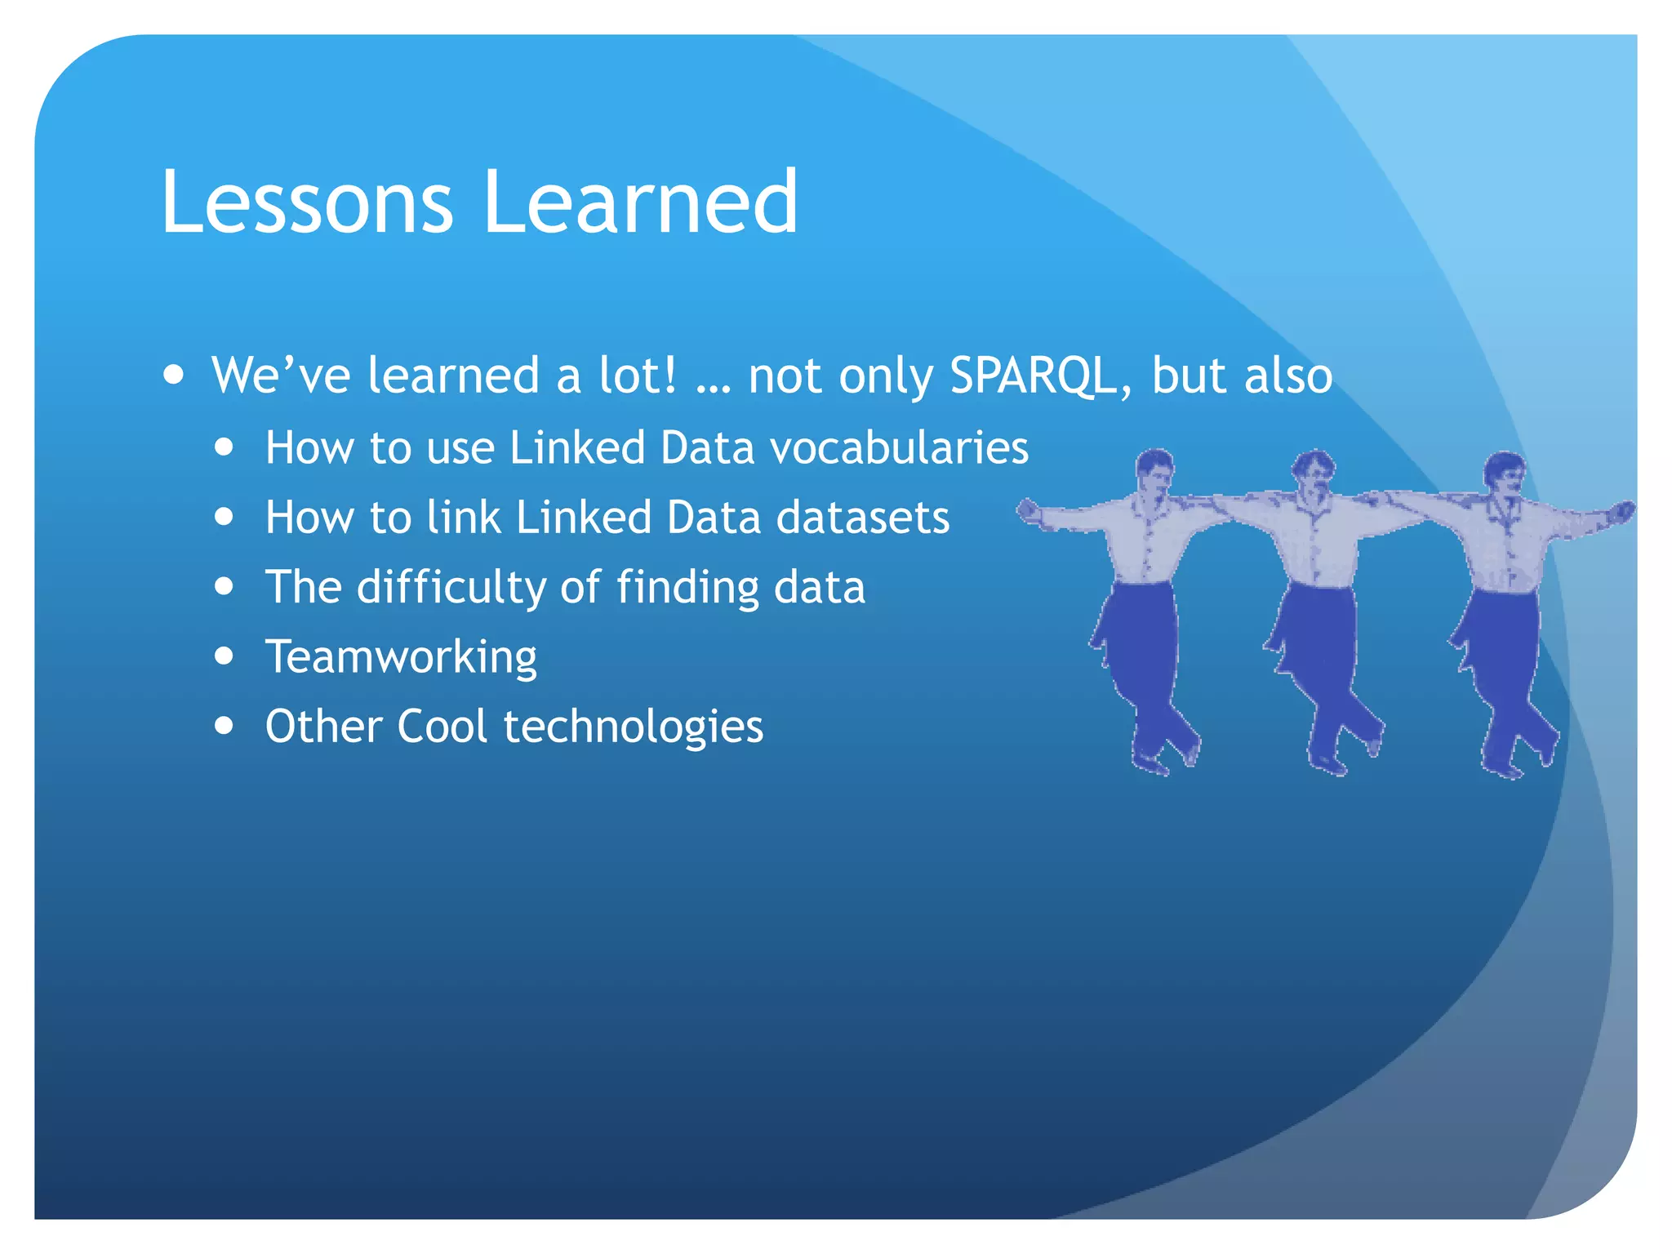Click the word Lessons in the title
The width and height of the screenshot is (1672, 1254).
click(306, 202)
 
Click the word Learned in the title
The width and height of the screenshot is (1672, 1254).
click(641, 202)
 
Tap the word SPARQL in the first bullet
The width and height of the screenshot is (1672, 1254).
click(1033, 376)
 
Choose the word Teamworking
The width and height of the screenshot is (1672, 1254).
click(401, 657)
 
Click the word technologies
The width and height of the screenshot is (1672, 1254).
click(633, 727)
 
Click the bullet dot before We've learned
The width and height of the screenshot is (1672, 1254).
click(173, 375)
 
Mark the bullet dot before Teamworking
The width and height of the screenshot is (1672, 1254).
click(225, 656)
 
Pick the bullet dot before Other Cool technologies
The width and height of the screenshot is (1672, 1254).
click(225, 725)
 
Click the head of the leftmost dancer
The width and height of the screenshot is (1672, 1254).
click(1155, 470)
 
